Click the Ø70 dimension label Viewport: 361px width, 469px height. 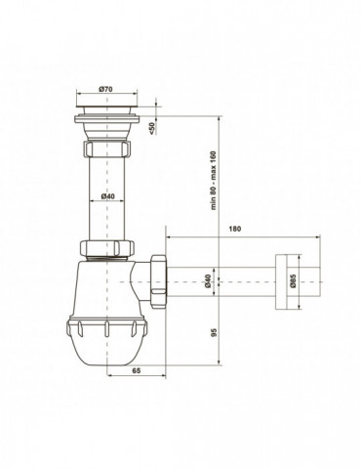click(x=106, y=89)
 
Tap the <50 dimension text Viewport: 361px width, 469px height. click(x=152, y=127)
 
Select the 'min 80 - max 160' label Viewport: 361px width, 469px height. click(x=213, y=181)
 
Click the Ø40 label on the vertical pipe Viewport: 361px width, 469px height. click(x=107, y=196)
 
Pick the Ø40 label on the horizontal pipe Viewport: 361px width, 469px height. click(x=208, y=281)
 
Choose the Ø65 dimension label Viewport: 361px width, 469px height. click(x=293, y=281)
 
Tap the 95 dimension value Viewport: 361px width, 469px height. click(x=214, y=332)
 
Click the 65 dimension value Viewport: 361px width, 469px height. click(x=137, y=370)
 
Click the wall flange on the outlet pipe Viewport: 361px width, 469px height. click(x=281, y=281)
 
